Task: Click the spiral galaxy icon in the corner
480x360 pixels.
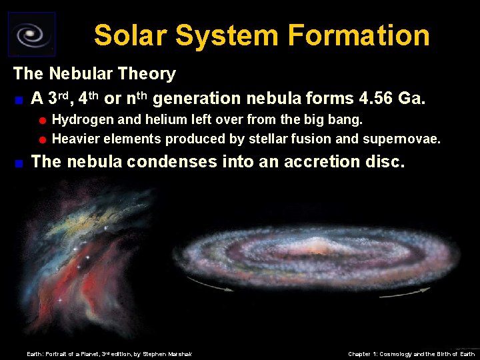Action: point(31,34)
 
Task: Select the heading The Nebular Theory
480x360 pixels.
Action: point(95,74)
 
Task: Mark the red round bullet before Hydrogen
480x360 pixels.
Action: point(43,121)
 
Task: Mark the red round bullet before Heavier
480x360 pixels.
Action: point(43,139)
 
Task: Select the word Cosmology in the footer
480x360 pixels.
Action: point(395,354)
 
